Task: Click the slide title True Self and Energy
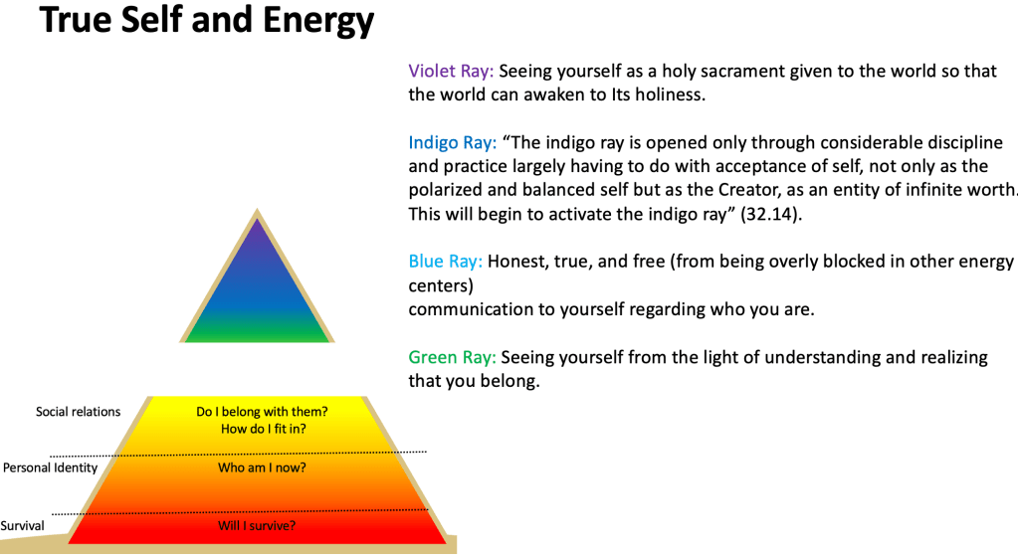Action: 206,21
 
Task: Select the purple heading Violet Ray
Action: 451,71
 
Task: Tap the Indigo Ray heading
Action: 452,143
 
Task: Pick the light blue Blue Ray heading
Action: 445,262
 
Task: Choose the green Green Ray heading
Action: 452,357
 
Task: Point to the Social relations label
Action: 78,412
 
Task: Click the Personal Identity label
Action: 50,467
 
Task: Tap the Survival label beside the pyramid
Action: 22,525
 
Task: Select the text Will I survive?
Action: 257,525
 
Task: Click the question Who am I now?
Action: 262,467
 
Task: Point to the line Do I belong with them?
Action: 262,412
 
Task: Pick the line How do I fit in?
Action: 263,429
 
